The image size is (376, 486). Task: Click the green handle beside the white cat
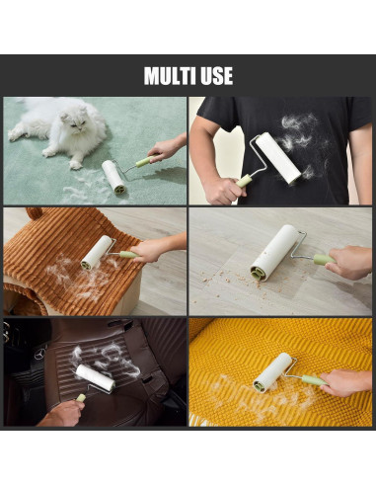coord(145,161)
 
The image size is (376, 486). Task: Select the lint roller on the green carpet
coord(113,177)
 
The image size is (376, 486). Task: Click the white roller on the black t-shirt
coord(278,159)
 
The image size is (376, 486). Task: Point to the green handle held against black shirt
coord(244,181)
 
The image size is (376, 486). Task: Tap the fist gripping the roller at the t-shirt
coord(224,192)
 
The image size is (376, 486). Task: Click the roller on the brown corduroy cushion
coord(97,253)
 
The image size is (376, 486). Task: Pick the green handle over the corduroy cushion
coord(128,255)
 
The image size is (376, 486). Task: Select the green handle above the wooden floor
coord(323,259)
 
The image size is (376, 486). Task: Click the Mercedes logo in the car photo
coord(40,355)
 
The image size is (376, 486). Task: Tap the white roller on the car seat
coord(96,378)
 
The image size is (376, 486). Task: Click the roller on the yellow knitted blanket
coord(272,372)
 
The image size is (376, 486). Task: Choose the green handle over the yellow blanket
coord(314,380)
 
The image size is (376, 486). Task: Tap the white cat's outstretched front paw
coord(76,165)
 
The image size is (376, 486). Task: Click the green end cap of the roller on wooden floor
coord(259,274)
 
